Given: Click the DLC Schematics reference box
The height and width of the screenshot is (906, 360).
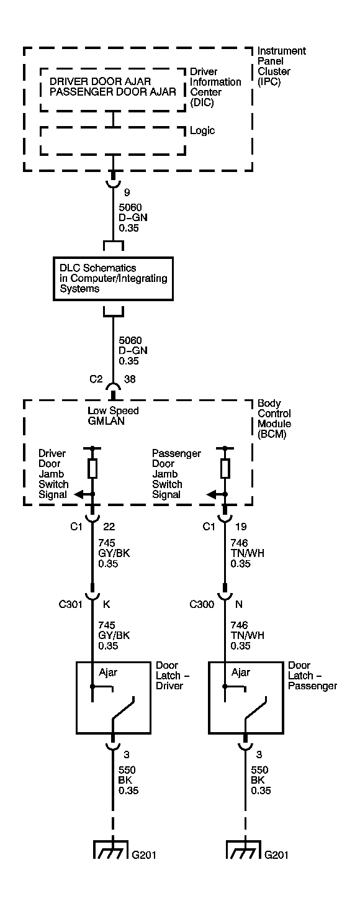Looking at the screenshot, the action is tap(113, 279).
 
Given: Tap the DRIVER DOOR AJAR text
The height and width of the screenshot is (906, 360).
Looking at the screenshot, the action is tap(101, 81).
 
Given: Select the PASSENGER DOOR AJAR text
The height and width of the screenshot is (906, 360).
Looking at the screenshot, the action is tap(113, 92).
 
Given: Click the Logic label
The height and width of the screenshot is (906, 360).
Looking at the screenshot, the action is tap(202, 130).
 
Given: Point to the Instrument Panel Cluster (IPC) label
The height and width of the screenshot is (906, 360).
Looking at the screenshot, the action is tap(282, 66).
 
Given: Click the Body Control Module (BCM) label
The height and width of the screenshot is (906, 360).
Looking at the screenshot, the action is tap(274, 419).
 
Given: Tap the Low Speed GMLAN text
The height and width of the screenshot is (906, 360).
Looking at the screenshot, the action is tap(113, 415).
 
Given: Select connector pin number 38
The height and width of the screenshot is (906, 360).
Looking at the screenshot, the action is tap(130, 379).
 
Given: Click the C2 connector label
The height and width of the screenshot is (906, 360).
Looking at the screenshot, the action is tap(96, 379).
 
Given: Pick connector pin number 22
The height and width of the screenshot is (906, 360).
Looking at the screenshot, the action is tap(109, 526).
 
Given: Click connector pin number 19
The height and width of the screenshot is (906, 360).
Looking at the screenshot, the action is tap(241, 526).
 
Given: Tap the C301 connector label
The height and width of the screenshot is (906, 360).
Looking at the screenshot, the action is tap(70, 604).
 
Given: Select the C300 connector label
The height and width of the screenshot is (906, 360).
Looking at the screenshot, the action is tap(202, 604).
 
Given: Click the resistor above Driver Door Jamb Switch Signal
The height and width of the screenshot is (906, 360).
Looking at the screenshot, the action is tap(92, 468).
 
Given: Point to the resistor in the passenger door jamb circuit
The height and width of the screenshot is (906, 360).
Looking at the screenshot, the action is tap(225, 468).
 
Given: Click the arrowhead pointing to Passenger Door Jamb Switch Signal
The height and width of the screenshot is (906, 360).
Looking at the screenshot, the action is tap(211, 494).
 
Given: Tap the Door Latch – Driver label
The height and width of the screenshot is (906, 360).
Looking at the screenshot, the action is tap(173, 676).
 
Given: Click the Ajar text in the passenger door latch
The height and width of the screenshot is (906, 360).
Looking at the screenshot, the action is tap(241, 673).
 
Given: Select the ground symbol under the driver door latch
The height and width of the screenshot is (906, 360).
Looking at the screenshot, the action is tap(109, 849).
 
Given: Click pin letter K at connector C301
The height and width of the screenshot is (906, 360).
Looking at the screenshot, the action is tap(106, 604).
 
